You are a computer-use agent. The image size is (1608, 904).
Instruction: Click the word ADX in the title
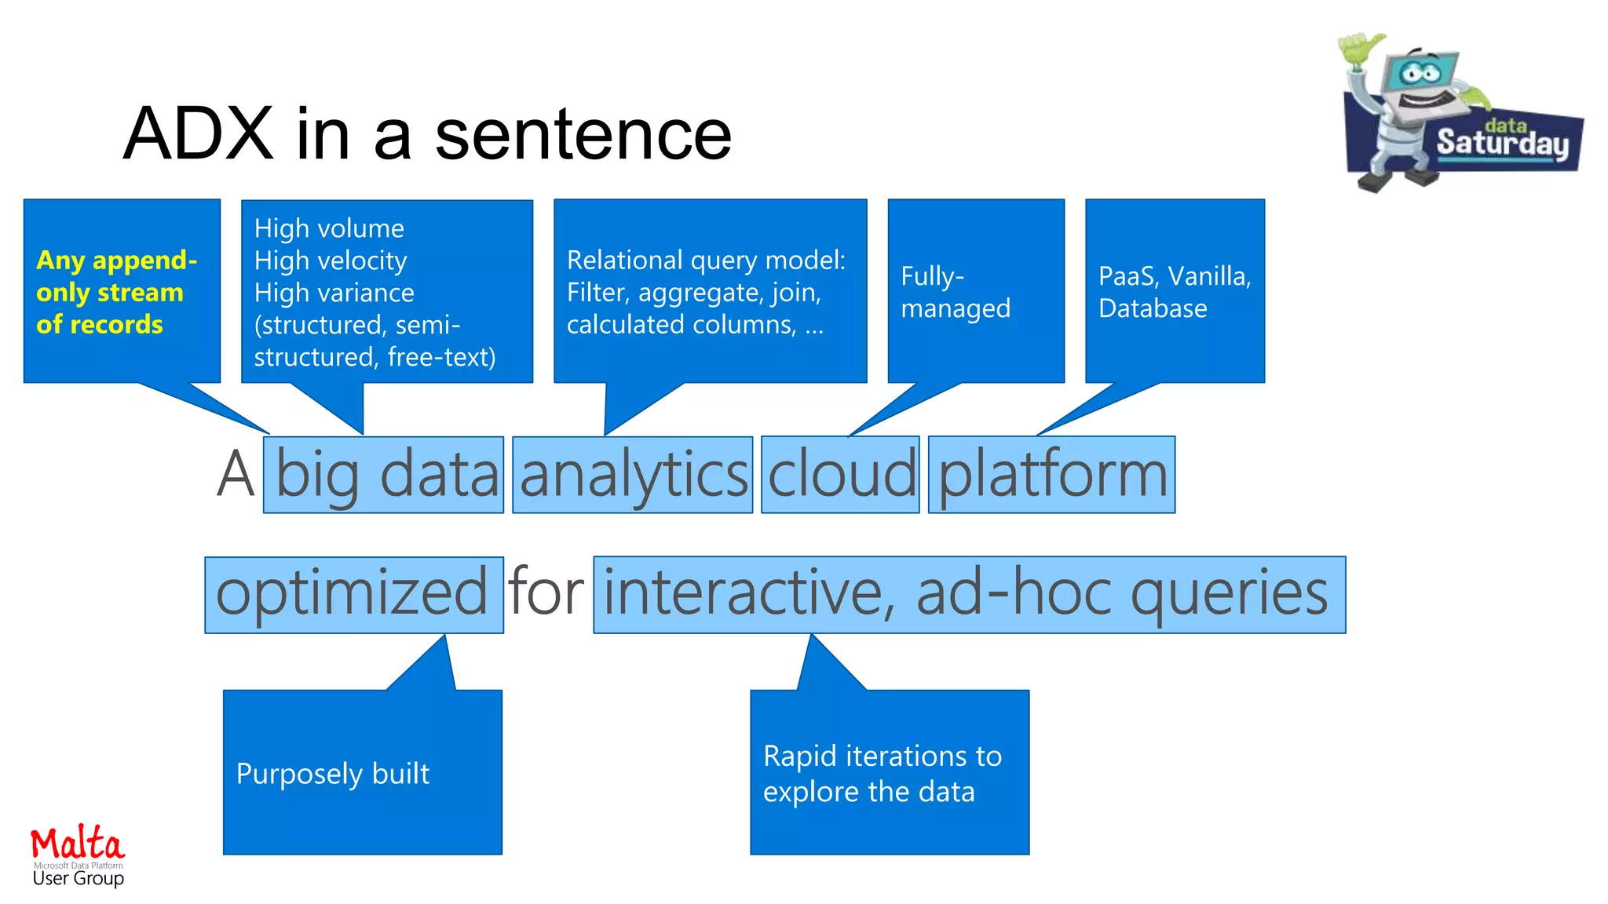click(x=198, y=134)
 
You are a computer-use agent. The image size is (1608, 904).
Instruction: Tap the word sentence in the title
click(x=583, y=134)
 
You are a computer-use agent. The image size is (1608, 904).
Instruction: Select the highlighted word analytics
click(x=633, y=476)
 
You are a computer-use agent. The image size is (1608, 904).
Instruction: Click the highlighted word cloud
click(x=841, y=476)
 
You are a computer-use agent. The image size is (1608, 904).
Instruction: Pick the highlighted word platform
click(x=1052, y=476)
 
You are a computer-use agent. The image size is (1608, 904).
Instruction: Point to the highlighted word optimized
click(x=353, y=594)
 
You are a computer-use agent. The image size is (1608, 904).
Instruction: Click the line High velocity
click(x=331, y=261)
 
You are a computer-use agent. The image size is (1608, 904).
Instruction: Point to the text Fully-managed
click(x=955, y=292)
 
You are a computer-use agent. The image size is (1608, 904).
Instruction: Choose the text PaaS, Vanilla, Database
click(x=1174, y=292)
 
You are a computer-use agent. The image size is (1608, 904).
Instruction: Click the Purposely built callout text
click(x=333, y=774)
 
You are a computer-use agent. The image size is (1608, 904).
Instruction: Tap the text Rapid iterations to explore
click(x=882, y=774)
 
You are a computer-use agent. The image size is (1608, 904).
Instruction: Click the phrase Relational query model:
click(x=706, y=260)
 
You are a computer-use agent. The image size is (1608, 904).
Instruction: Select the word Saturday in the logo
click(x=1501, y=144)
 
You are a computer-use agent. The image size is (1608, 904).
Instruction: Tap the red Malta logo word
click(x=77, y=844)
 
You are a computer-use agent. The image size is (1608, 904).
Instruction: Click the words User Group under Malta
click(x=78, y=879)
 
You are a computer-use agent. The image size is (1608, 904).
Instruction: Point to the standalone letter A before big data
click(x=236, y=476)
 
